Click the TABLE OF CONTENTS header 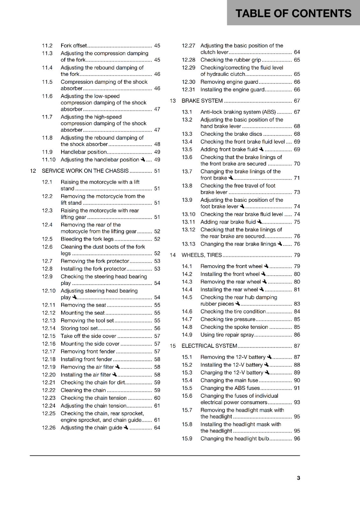coord(293,13)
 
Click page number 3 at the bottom coord(298,478)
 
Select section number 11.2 coord(47,46)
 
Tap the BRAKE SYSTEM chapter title coord(202,101)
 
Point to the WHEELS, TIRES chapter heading coord(202,255)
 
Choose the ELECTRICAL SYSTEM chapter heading coord(209,346)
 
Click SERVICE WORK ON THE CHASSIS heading coord(85,171)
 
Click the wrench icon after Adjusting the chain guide coord(126,427)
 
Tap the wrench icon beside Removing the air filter coord(118,367)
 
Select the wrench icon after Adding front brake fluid coord(261,149)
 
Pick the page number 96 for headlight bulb coord(297,439)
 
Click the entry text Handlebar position coord(83,152)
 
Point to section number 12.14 coord(48,328)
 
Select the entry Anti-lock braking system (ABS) coord(238,112)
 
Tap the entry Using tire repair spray coord(227,335)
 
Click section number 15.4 coord(187,380)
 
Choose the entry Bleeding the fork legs coord(87,239)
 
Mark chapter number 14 coord(173,255)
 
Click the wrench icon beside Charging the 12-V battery coord(267,372)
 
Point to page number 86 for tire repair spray coord(297,335)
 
